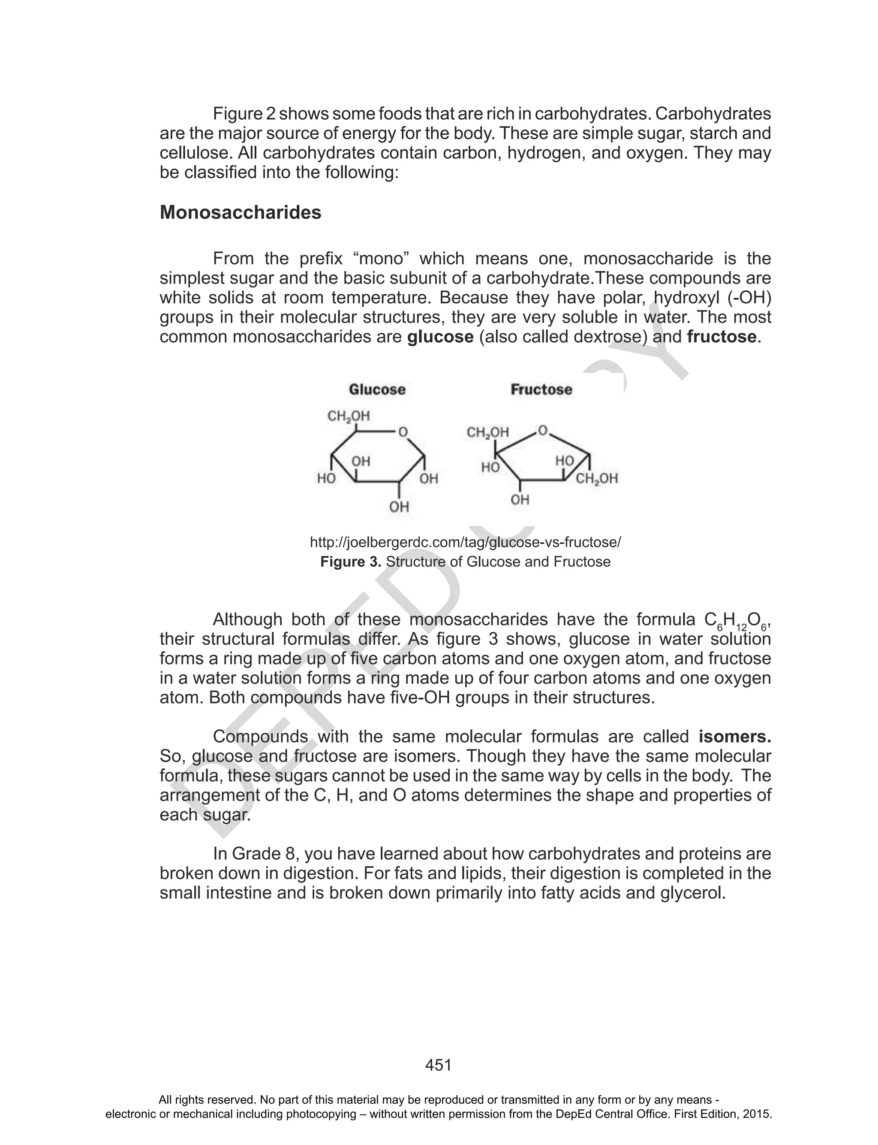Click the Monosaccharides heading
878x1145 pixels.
tap(241, 213)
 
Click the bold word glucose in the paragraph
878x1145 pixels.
tap(440, 337)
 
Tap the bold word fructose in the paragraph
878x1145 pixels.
tap(721, 337)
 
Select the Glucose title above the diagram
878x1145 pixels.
tap(377, 390)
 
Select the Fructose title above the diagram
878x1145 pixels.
tap(541, 390)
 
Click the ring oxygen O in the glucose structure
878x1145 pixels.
tap(403, 432)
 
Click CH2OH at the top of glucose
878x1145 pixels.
tap(348, 416)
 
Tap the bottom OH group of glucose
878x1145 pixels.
tap(399, 507)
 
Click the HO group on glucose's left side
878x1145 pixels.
tap(326, 478)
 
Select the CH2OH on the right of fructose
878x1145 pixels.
tap(597, 478)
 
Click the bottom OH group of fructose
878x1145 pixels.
tap(520, 500)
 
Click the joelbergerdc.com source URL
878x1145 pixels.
tap(465, 542)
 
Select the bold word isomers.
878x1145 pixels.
tap(734, 737)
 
